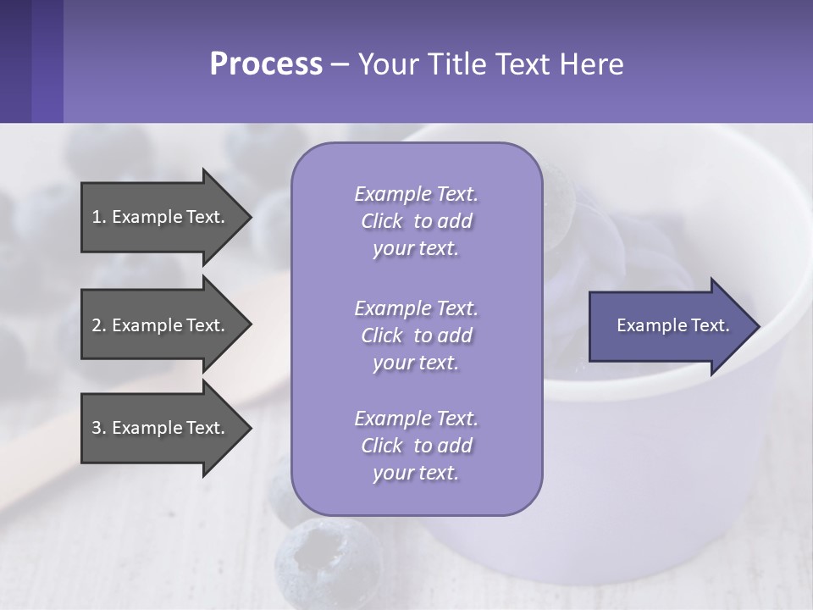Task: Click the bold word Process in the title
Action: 266,64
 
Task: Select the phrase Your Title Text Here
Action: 490,64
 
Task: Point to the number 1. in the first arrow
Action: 98,217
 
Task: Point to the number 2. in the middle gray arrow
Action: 98,325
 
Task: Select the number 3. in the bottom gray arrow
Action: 98,428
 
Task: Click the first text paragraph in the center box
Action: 416,221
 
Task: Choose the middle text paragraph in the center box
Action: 416,335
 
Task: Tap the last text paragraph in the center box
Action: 416,446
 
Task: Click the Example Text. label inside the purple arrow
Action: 672,325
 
